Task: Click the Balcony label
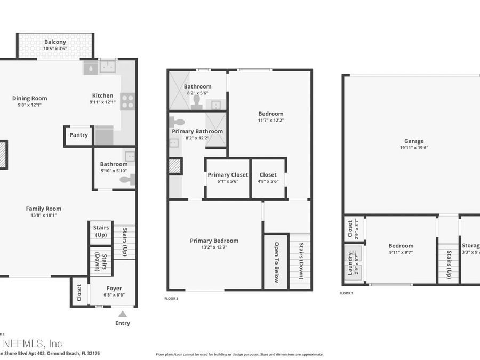pos(55,42)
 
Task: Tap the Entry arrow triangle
pos(123,314)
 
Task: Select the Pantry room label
pos(78,135)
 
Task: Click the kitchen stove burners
pos(127,101)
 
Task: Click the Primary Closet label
pos(227,175)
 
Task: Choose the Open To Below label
pos(276,261)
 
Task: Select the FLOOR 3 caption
pos(171,298)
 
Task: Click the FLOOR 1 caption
pos(346,293)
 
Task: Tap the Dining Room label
pos(30,98)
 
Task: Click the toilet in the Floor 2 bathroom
pos(128,180)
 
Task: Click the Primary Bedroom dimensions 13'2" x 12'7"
pos(214,247)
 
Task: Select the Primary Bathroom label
pos(197,131)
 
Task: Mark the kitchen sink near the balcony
pos(109,67)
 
